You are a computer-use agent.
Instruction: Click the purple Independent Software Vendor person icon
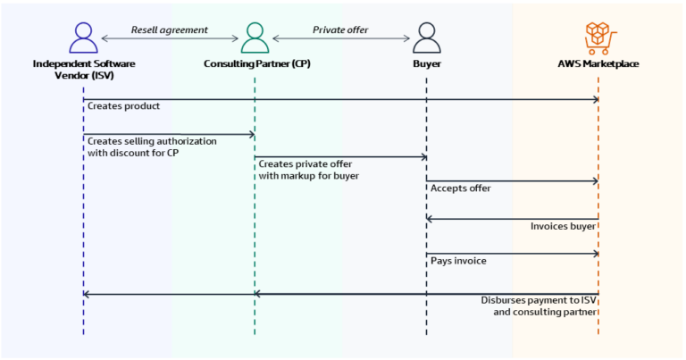[83, 38]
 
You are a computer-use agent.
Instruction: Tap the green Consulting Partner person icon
[255, 38]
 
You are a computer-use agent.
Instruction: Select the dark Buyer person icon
[426, 38]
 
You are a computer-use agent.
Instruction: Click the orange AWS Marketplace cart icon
[598, 38]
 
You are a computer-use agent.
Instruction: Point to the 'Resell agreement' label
[169, 29]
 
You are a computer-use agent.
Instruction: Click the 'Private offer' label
[340, 29]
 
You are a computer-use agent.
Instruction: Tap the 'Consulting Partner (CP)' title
[255, 64]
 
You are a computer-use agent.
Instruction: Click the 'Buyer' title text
[426, 64]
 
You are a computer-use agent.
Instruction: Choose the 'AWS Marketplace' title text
[598, 64]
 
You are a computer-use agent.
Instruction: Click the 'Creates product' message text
[123, 106]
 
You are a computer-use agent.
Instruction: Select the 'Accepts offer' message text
[460, 188]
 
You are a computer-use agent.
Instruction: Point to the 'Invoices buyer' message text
[563, 226]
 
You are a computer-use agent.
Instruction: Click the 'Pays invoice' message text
[458, 261]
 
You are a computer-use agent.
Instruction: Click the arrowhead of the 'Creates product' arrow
[595, 99]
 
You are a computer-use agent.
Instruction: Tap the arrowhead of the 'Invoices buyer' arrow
[430, 218]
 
